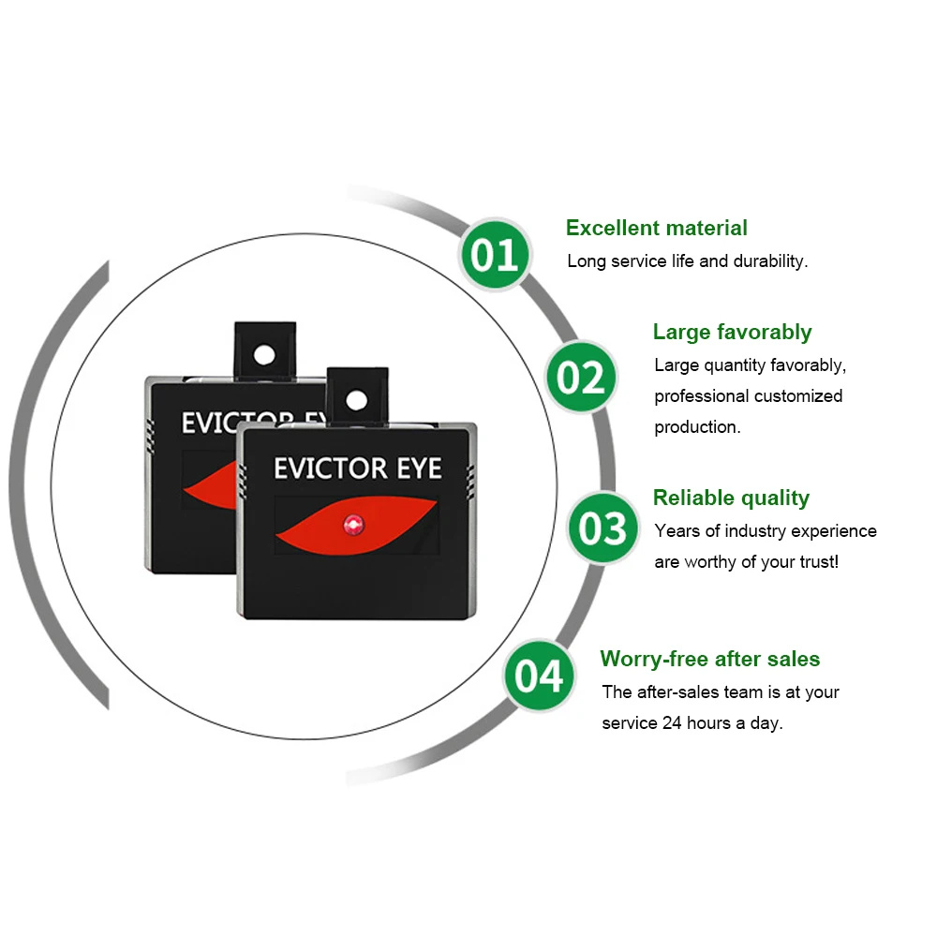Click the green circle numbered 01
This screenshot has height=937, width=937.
click(x=495, y=254)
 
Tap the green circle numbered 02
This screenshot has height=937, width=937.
click(x=582, y=377)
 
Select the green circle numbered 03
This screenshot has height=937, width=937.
click(x=602, y=528)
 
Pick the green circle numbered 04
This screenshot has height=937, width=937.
click(x=541, y=676)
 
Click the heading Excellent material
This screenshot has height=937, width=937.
click(x=656, y=228)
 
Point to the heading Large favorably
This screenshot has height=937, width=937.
click(x=732, y=332)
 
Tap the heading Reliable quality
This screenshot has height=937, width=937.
click(x=731, y=498)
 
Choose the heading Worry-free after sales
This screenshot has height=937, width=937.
click(x=709, y=659)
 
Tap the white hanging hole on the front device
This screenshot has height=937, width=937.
click(x=355, y=400)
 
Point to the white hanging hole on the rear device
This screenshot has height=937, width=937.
click(x=265, y=353)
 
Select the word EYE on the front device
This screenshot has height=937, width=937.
click(x=419, y=468)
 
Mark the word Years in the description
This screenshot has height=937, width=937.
click(x=675, y=531)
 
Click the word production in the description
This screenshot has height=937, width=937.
click(x=696, y=426)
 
